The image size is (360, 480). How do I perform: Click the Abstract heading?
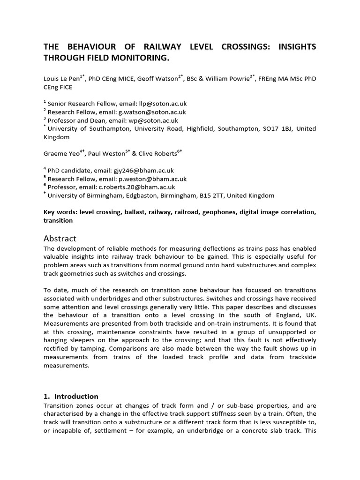click(x=60, y=238)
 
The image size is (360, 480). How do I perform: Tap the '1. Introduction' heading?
click(x=71, y=396)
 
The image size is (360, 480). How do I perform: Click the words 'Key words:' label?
click(x=60, y=212)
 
